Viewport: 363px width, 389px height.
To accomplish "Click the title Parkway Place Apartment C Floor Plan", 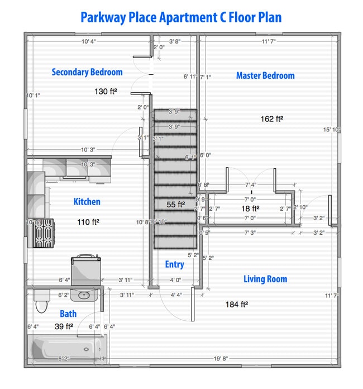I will pyautogui.click(x=181, y=17).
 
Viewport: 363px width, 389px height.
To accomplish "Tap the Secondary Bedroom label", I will pyautogui.click(x=87, y=72).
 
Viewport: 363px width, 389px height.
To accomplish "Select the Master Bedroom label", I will pyautogui.click(x=265, y=75).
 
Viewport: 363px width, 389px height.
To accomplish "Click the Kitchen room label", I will pyautogui.click(x=87, y=202).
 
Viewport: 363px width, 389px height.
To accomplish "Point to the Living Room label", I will pyautogui.click(x=265, y=279).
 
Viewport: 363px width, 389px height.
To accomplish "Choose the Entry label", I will pyautogui.click(x=174, y=264).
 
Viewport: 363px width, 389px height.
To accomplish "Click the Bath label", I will pyautogui.click(x=68, y=314).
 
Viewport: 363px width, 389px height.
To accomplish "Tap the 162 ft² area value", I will pyautogui.click(x=272, y=118).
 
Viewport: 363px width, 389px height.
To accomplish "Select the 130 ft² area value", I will pyautogui.click(x=106, y=91).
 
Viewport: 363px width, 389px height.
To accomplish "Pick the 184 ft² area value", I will pyautogui.click(x=236, y=305).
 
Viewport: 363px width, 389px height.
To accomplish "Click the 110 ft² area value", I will pyautogui.click(x=88, y=222).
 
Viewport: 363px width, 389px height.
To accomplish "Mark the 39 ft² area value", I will pyautogui.click(x=64, y=326).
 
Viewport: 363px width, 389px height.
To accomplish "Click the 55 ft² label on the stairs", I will pyautogui.click(x=175, y=205).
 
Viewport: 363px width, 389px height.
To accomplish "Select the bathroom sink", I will pyautogui.click(x=85, y=295).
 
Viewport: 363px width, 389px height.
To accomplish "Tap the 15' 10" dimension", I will pyautogui.click(x=331, y=130).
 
